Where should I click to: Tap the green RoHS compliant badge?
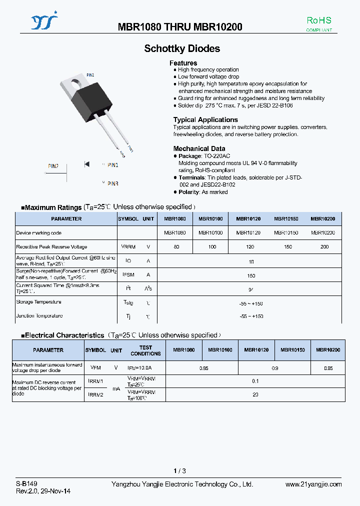click(319, 23)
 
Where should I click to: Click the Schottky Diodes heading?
click(182, 48)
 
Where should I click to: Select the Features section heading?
click(183, 63)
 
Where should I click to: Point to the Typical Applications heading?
click(205, 119)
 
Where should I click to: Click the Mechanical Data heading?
click(199, 148)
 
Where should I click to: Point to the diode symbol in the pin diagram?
click(86, 164)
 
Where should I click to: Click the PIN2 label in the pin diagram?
click(53, 166)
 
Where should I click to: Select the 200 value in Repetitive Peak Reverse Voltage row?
click(324, 247)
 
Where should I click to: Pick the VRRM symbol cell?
click(128, 247)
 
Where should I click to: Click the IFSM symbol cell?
click(128, 275)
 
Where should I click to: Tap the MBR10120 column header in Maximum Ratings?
click(248, 219)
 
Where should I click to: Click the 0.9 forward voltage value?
click(274, 368)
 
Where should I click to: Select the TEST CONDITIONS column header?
click(145, 350)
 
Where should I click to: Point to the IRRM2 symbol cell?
click(95, 394)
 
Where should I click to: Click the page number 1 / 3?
click(179, 471)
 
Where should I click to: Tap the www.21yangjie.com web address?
click(313, 484)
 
